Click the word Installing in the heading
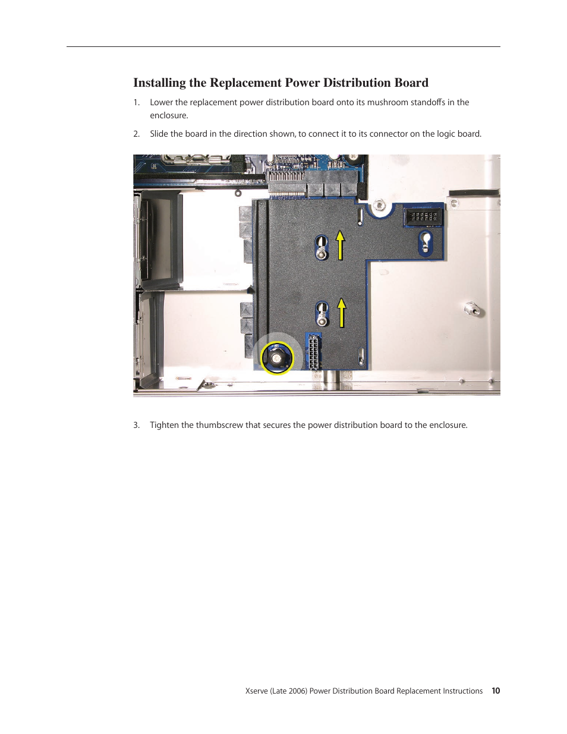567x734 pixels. click(x=159, y=83)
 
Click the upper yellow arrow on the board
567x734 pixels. click(x=341, y=245)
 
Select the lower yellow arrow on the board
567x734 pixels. click(x=342, y=313)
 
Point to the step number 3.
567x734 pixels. click(x=136, y=425)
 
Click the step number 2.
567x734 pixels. click(x=136, y=134)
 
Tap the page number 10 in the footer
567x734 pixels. click(x=496, y=691)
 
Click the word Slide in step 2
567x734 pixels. click(x=159, y=134)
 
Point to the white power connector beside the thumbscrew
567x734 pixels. click(x=313, y=352)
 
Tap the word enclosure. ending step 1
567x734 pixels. click(x=169, y=115)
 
